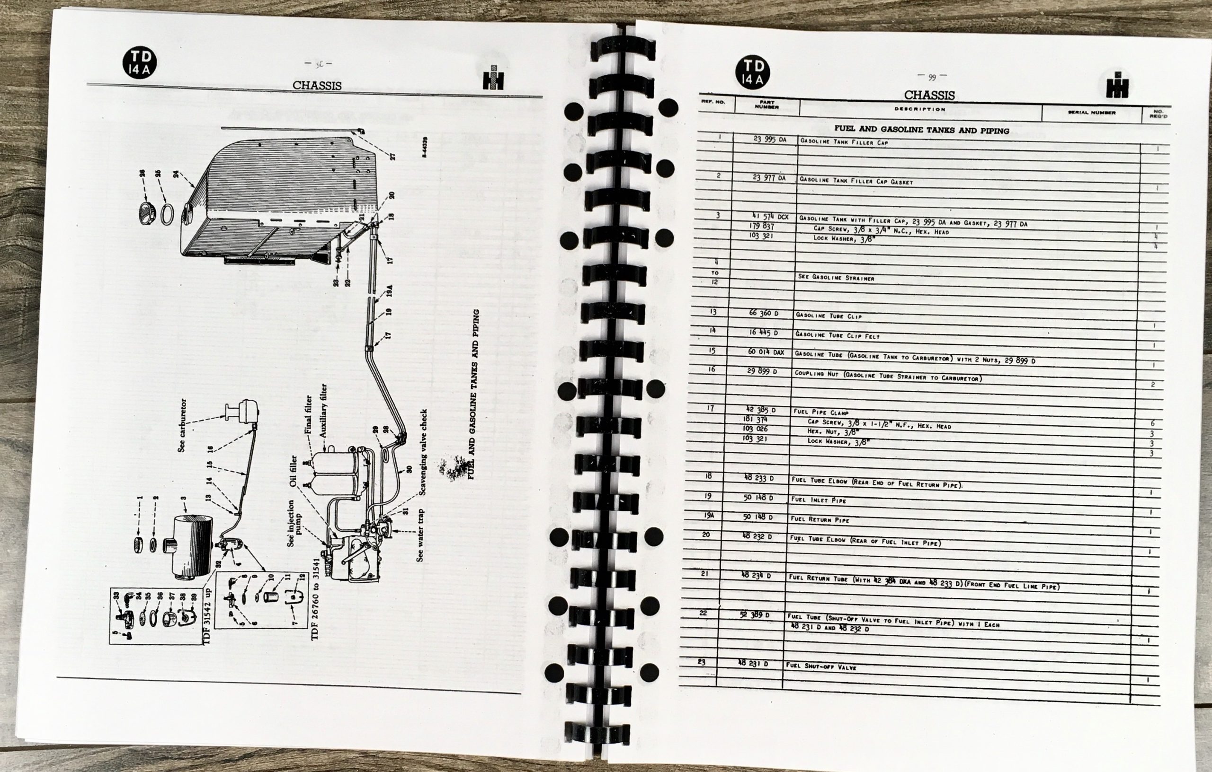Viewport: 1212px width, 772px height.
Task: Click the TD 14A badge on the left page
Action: (139, 63)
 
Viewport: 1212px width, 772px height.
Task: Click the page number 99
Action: (932, 77)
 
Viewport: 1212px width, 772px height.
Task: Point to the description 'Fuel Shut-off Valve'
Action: (821, 667)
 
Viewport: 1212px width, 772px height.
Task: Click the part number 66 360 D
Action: (763, 313)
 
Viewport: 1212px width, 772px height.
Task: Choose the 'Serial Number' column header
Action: (1091, 113)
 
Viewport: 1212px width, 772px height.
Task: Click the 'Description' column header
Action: (919, 109)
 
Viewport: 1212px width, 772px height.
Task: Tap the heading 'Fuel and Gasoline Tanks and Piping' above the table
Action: (921, 130)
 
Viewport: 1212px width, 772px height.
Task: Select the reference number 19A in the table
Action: (709, 515)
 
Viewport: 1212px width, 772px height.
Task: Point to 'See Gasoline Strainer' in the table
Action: (836, 278)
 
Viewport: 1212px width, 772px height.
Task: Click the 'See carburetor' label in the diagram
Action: (182, 425)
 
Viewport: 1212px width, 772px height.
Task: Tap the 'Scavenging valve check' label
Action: (423, 452)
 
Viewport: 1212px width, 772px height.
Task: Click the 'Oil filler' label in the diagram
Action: (294, 471)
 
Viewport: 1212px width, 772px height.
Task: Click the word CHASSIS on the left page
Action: (317, 86)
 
